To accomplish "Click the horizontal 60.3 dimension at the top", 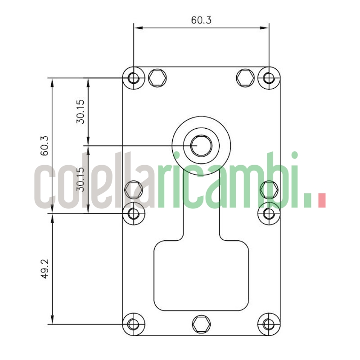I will point(201,20).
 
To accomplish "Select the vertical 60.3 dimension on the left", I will point(45,145).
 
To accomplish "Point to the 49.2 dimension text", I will point(45,269).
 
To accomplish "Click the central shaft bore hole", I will point(201,145).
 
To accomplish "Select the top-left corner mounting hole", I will point(134,78).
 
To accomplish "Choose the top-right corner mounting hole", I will point(269,78).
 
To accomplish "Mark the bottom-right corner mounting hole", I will point(269,324).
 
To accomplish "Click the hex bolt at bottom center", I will point(201,324).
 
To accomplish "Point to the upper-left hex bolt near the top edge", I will point(157,78).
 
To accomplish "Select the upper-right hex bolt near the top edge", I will point(245,78).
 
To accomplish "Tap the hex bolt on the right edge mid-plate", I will point(269,189).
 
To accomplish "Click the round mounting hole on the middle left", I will point(134,213).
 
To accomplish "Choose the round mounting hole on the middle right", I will point(269,213).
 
